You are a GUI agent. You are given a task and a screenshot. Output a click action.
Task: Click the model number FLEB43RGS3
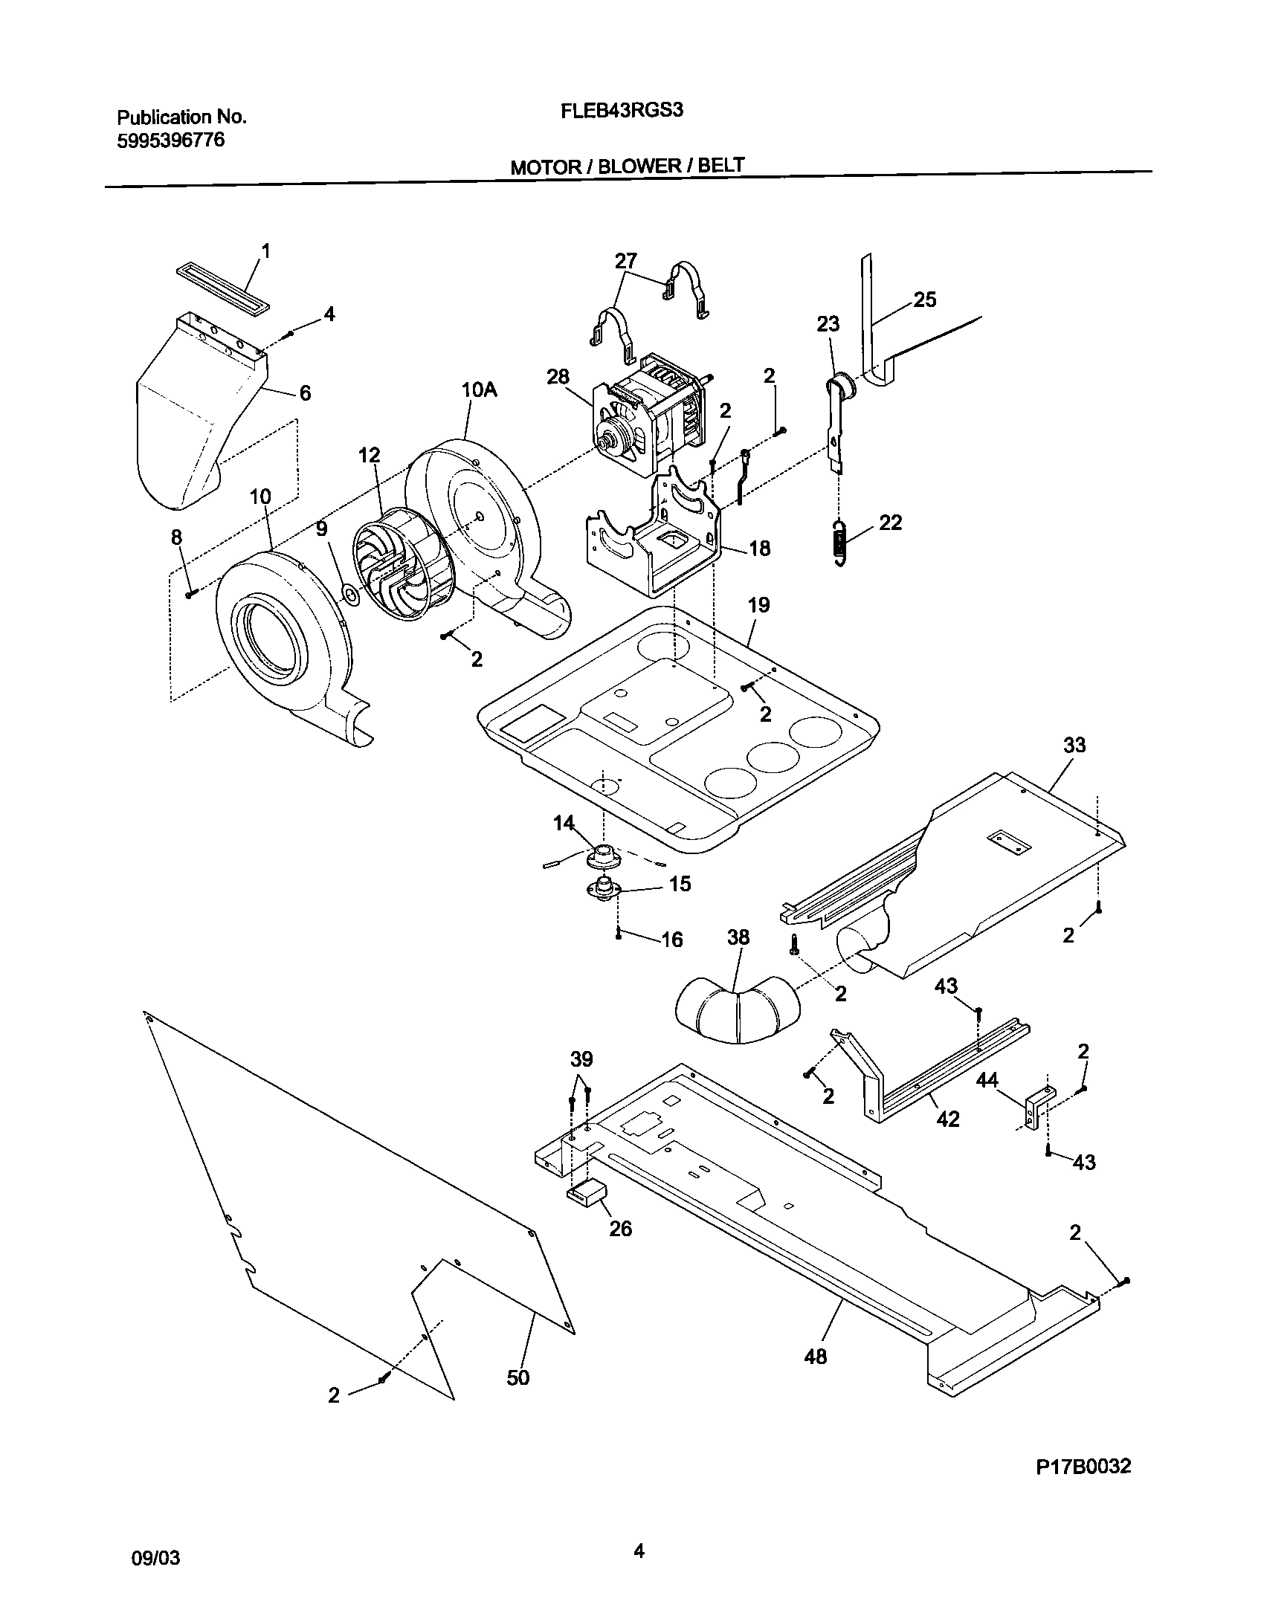pos(622,111)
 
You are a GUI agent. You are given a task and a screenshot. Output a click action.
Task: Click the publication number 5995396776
pos(170,140)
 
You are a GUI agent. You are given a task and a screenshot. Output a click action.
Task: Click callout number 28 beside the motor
pos(558,377)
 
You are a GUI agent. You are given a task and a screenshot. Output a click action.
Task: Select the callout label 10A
pos(479,390)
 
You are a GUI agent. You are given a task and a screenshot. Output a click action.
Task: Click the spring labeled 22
pos(839,543)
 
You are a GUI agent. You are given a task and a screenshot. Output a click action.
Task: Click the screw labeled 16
pos(619,935)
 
